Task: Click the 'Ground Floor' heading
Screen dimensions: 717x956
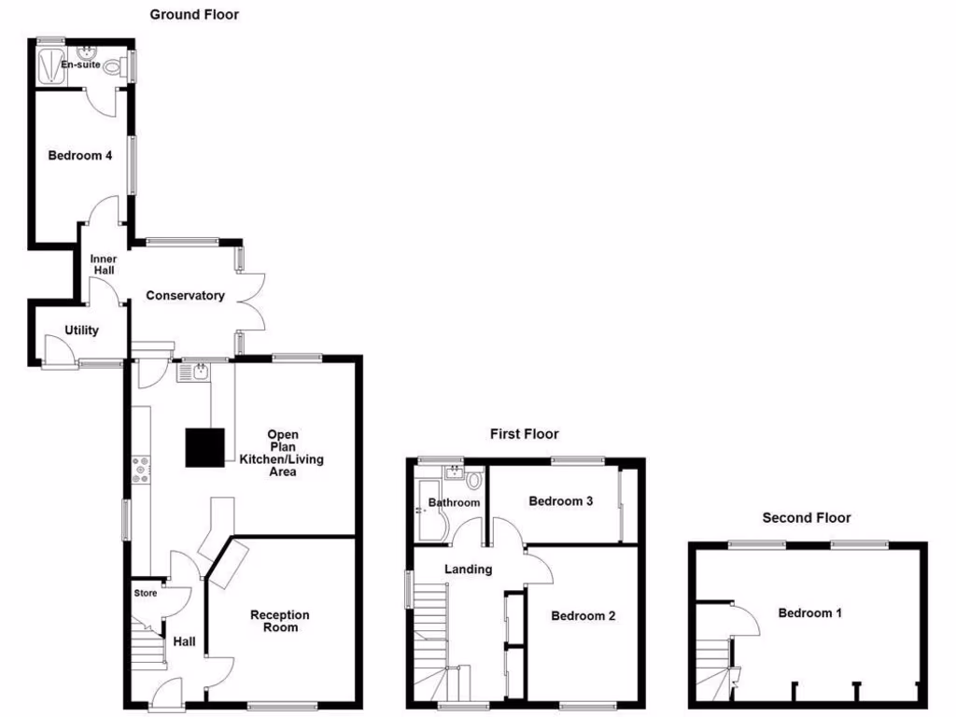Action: [x=194, y=14]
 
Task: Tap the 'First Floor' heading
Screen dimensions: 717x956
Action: [x=525, y=433]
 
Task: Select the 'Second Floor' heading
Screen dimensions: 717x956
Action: [x=807, y=517]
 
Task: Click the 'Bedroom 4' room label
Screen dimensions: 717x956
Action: [x=80, y=156]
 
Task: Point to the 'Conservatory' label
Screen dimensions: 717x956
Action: [x=185, y=296]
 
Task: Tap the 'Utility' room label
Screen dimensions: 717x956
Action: [x=81, y=330]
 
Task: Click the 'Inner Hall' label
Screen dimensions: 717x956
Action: [x=102, y=264]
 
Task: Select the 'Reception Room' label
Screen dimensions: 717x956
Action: [x=280, y=621]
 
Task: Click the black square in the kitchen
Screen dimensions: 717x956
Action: [x=204, y=447]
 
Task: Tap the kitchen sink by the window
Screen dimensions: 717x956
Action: [x=193, y=373]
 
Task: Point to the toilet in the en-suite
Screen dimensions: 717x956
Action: [x=114, y=67]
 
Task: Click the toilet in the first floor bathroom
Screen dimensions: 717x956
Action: [x=474, y=482]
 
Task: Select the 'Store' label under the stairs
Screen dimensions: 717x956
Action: [x=146, y=592]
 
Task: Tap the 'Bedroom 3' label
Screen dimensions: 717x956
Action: [x=561, y=501]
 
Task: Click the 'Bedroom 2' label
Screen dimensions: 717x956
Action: [x=583, y=616]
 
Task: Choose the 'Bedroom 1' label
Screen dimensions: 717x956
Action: [x=810, y=613]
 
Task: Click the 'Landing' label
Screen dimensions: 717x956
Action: [x=468, y=569]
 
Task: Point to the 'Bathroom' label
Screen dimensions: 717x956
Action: [x=454, y=503]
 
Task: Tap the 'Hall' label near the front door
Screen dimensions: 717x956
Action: [x=184, y=641]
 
